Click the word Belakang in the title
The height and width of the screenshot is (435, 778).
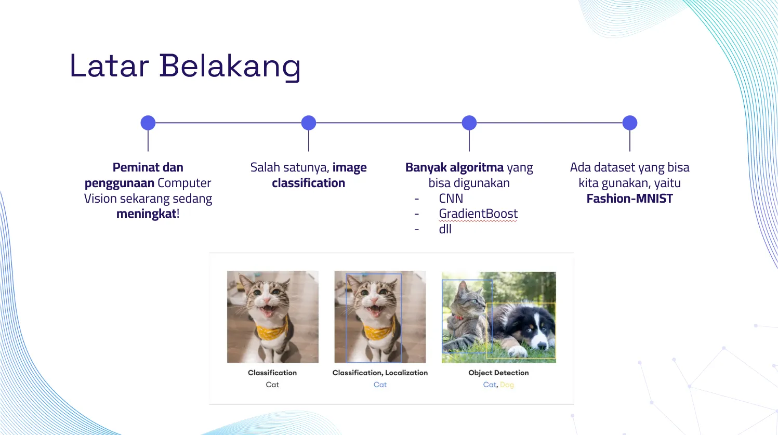(230, 67)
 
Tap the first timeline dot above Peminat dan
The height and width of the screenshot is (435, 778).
(148, 123)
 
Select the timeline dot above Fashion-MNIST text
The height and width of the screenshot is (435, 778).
(630, 123)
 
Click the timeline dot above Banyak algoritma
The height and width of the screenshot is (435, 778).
(469, 123)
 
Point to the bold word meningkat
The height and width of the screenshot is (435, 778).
(146, 213)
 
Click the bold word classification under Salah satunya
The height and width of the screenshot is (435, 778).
(308, 183)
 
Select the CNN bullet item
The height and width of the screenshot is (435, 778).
(451, 199)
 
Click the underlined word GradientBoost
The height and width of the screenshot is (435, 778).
(478, 214)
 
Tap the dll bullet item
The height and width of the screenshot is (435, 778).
(445, 229)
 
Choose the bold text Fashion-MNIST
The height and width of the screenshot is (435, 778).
(630, 199)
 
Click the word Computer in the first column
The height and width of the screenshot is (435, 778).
(184, 183)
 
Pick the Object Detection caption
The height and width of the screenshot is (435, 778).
(498, 373)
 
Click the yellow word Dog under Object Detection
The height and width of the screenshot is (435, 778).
(507, 385)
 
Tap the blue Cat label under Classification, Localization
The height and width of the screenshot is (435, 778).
(380, 385)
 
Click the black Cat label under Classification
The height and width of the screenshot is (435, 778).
(272, 385)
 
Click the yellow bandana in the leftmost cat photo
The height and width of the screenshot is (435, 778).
(272, 329)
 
